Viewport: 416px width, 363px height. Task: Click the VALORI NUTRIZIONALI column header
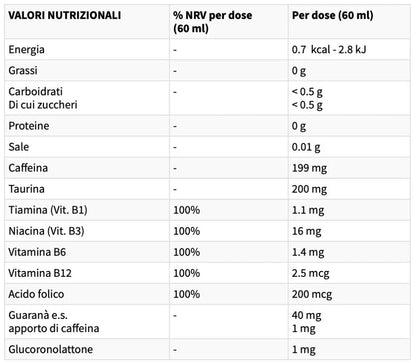65,15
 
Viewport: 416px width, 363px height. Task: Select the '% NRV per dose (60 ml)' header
213,22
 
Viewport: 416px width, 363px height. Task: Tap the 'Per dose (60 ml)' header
333,15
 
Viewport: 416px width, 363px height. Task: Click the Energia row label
26,50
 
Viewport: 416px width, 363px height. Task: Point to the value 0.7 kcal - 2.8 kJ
329,50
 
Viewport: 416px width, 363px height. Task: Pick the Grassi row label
23,71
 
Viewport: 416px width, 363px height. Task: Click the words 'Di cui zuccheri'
43,105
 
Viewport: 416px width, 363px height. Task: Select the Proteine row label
29,126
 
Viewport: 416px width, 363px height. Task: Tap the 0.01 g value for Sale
306,147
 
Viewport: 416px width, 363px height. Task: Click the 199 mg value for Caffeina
309,168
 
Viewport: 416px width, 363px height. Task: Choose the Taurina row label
26,189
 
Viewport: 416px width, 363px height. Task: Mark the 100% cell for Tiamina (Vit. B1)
187,210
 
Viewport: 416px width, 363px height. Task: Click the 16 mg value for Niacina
307,231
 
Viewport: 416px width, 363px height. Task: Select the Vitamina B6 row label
37,252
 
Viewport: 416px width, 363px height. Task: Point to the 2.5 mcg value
311,273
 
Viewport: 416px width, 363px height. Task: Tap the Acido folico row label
36,294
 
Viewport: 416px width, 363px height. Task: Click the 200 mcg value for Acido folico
312,294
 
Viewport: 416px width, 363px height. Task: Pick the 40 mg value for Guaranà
307,315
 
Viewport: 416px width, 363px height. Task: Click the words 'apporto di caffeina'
54,328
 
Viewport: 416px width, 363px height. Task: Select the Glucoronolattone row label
51,349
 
